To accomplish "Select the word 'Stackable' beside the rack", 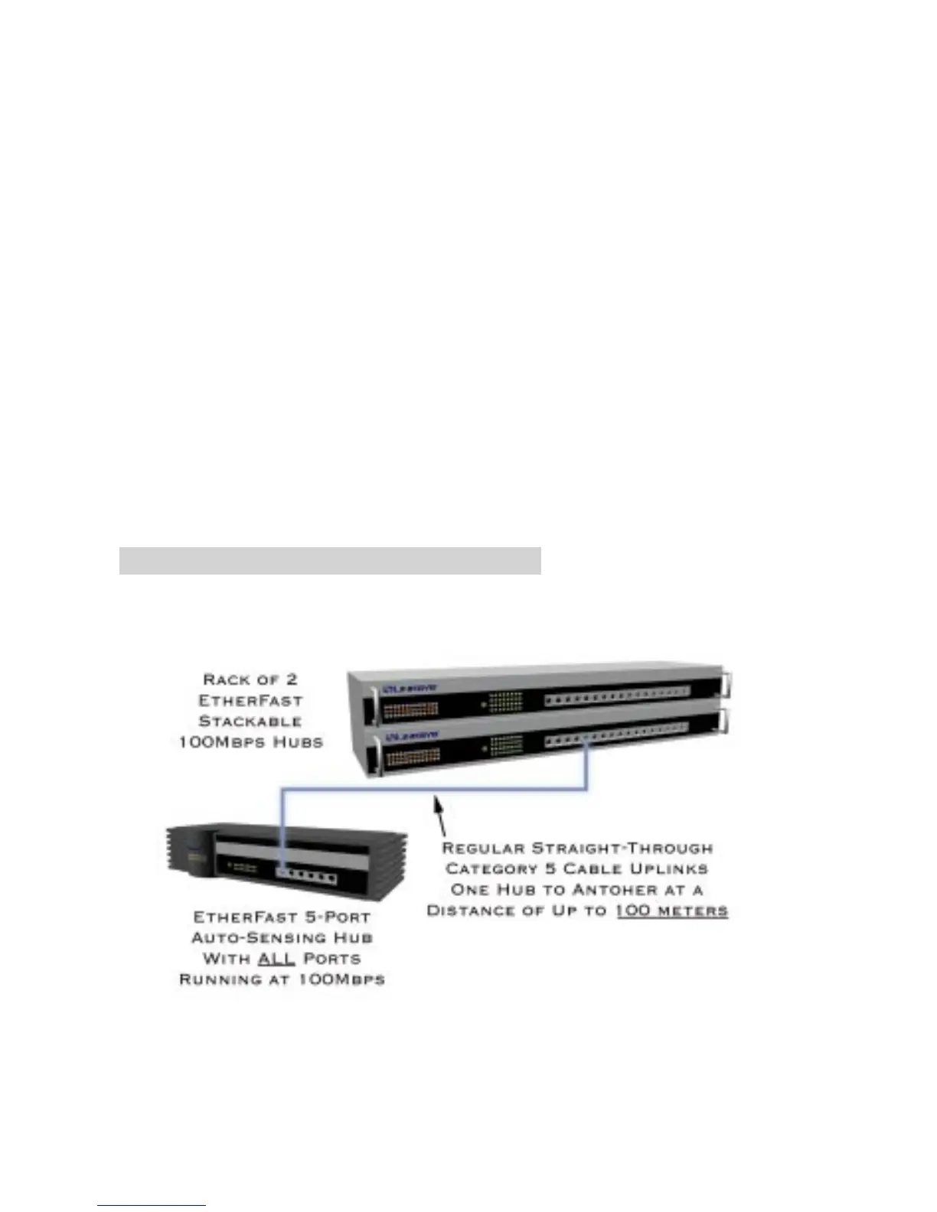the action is (x=250, y=721).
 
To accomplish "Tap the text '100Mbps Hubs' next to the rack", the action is (x=250, y=742).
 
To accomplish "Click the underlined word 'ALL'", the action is (x=276, y=959).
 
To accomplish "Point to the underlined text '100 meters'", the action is (x=671, y=911).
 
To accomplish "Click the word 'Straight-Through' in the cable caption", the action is (x=622, y=848).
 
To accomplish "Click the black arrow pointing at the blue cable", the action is (x=440, y=815).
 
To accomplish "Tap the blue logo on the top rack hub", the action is (x=411, y=689).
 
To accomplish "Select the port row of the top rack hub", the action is (x=617, y=697).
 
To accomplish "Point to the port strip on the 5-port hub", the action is (x=306, y=877).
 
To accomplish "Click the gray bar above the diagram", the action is (x=330, y=561).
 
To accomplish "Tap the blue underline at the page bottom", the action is (x=152, y=1206).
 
